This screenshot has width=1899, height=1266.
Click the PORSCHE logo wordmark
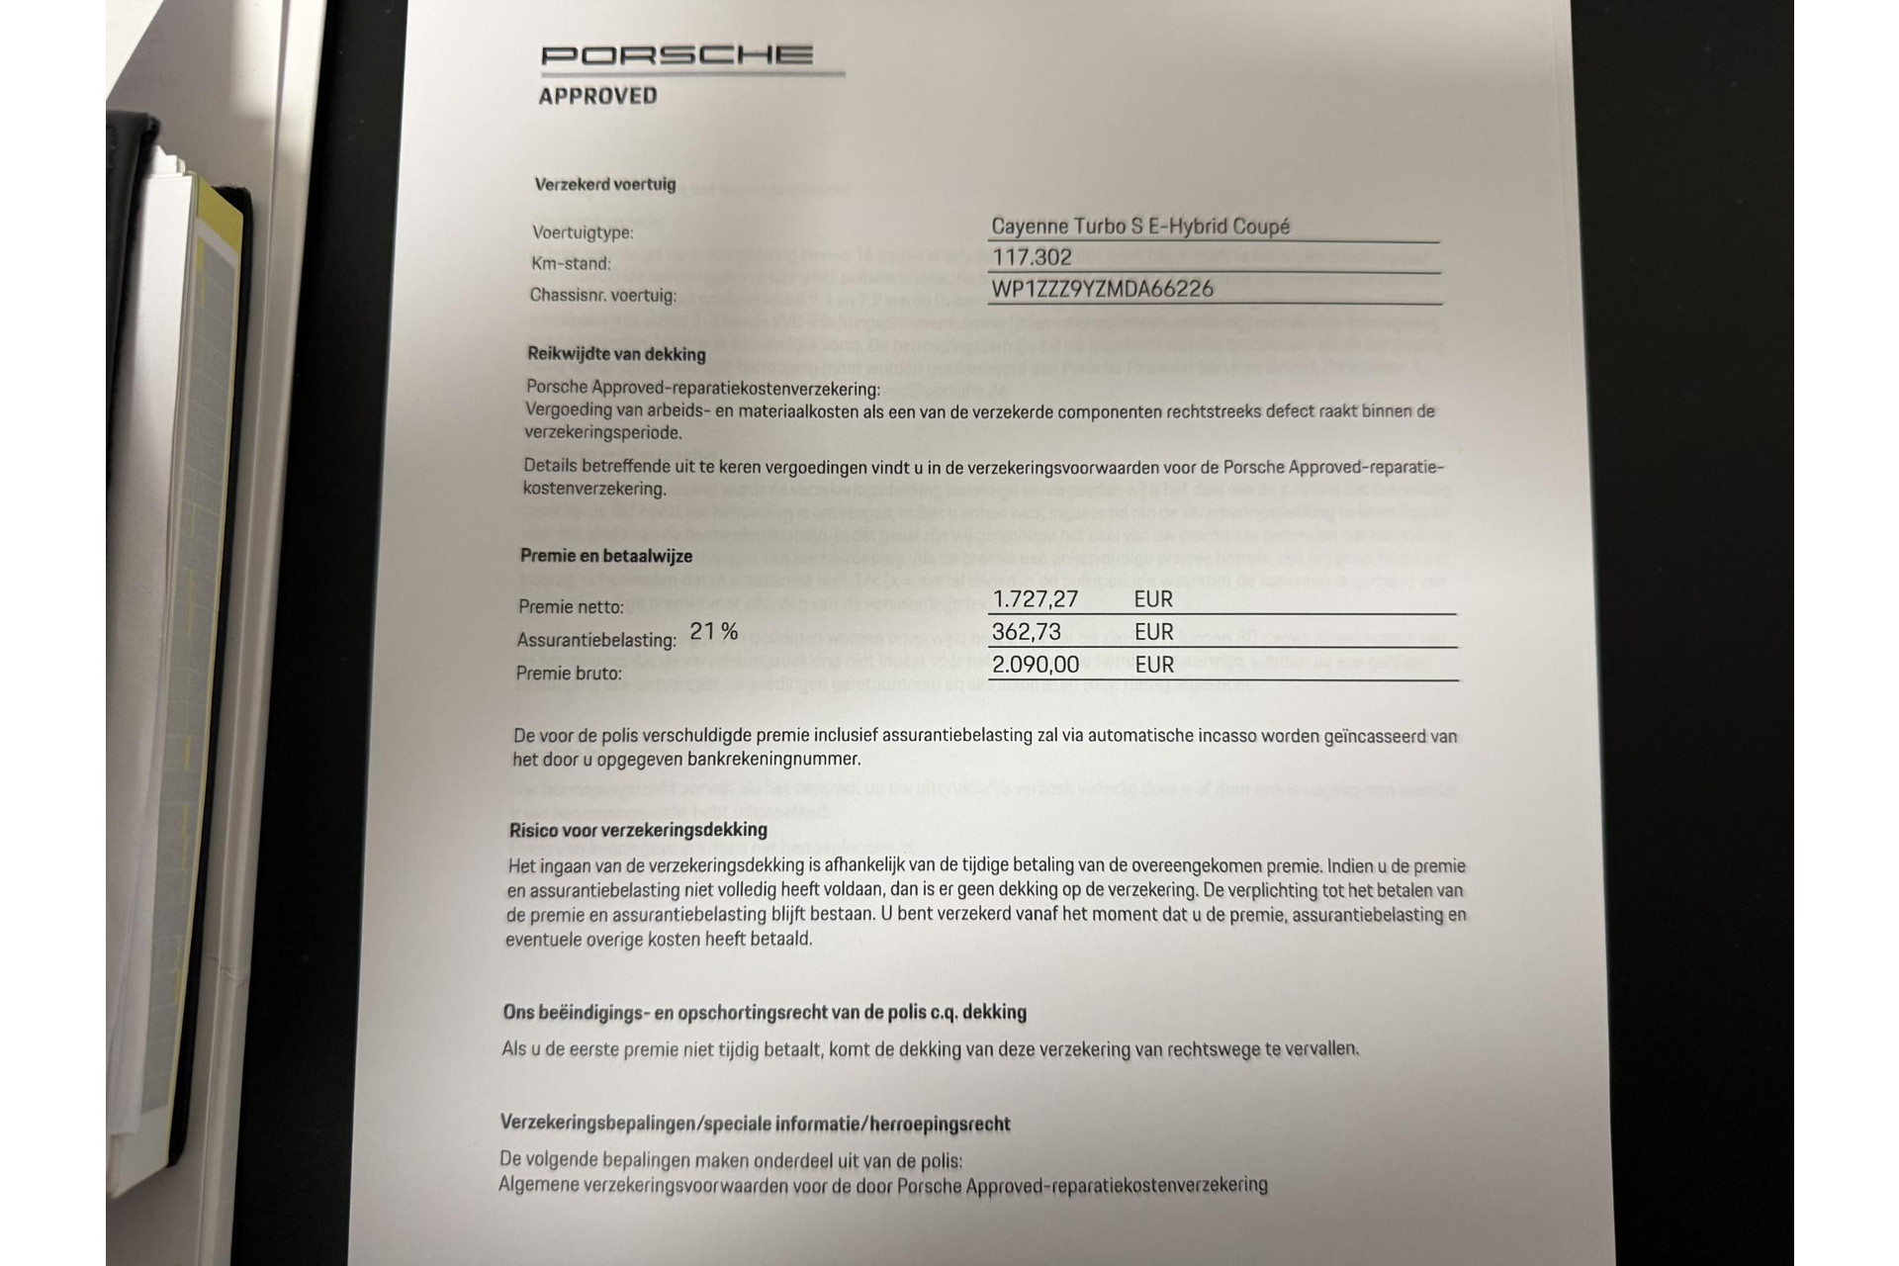[678, 55]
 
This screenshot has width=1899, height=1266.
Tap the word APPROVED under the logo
[597, 96]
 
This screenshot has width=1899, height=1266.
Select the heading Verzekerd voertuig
[605, 184]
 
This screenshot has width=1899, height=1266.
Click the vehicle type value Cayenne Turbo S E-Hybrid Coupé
[1140, 226]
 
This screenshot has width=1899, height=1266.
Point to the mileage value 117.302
[1032, 258]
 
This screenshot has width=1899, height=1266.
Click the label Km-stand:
[571, 264]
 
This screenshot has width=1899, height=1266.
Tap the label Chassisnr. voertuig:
[603, 296]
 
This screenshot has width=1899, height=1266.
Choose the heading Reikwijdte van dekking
[616, 354]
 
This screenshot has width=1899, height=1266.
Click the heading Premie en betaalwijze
[606, 556]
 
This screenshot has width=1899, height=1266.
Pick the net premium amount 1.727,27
[1035, 599]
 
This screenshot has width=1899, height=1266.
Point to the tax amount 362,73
[1027, 632]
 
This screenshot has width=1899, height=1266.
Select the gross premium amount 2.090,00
[1036, 665]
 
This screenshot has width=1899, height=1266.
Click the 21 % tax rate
[714, 631]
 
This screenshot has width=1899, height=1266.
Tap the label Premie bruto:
[569, 675]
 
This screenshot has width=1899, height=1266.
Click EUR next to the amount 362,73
[1153, 632]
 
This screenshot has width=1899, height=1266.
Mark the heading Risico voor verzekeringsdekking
[638, 831]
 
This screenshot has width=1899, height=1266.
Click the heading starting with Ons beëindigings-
[765, 1013]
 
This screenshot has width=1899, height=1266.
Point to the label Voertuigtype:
[583, 233]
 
